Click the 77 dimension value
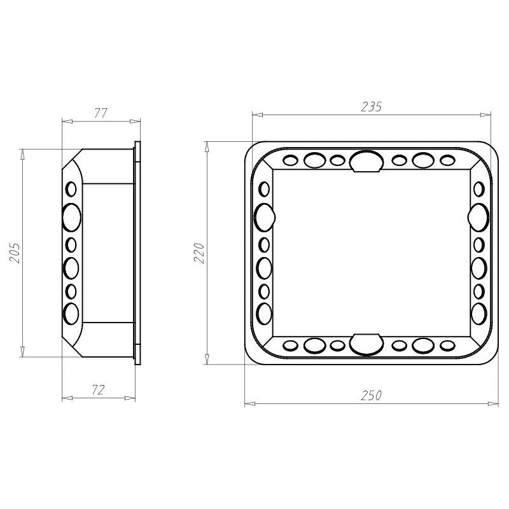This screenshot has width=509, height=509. (101, 113)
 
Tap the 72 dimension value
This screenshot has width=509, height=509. (98, 390)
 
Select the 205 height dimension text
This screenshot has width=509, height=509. (15, 253)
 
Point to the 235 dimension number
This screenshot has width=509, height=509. (372, 107)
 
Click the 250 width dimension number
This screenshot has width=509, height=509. (371, 395)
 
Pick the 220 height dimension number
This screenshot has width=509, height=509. (199, 253)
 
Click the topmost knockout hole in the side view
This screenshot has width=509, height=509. (71, 189)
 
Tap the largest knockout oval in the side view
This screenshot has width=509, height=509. (72, 218)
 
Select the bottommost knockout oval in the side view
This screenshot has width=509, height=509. (71, 314)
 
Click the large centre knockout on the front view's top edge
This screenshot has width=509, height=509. (366, 162)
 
